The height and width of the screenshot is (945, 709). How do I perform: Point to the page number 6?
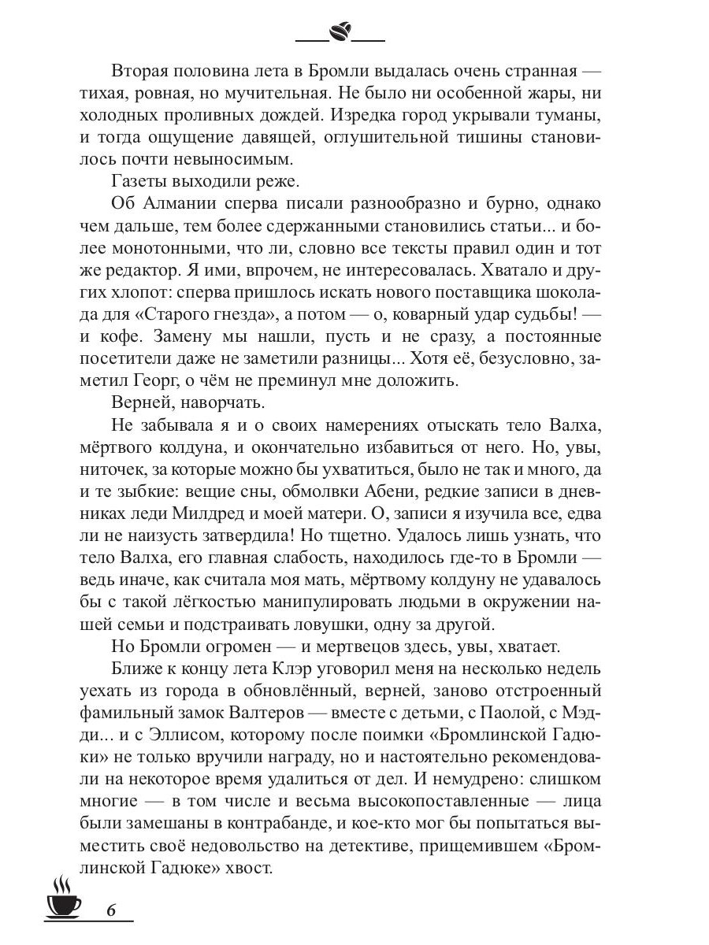tap(110, 910)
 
